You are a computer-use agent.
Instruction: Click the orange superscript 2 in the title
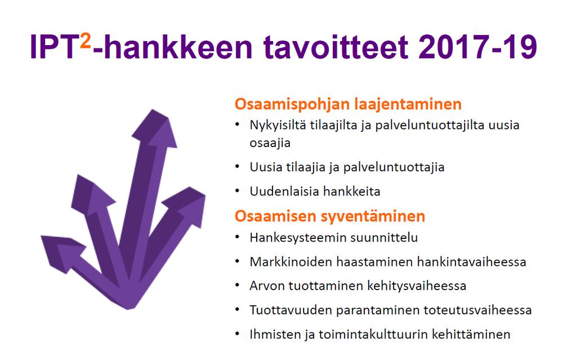[x=85, y=41]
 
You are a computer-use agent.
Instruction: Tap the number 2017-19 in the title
[x=477, y=47]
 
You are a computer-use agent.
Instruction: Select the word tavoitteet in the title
[x=336, y=47]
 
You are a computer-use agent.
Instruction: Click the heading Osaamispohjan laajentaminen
[x=348, y=104]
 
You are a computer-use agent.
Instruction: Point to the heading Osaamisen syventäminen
[x=330, y=216]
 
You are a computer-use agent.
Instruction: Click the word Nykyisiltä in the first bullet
[x=278, y=126]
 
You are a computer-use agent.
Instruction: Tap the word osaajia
[x=270, y=143]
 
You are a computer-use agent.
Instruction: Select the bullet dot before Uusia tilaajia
[x=237, y=167]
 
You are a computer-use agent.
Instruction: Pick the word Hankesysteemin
[x=298, y=238]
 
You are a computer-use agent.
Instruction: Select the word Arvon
[x=267, y=286]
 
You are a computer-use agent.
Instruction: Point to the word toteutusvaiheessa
[x=477, y=310]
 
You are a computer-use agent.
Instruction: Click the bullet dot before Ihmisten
[x=237, y=334]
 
